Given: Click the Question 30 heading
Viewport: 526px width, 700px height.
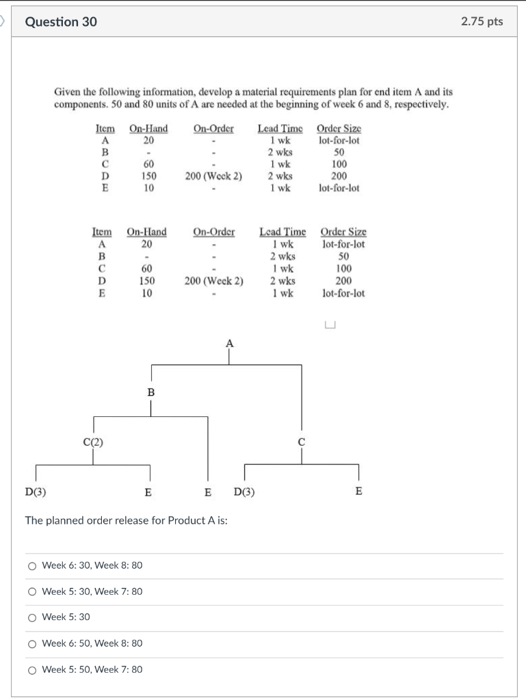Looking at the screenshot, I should tap(61, 22).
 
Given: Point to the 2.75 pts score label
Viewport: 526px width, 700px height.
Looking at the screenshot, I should tap(482, 21).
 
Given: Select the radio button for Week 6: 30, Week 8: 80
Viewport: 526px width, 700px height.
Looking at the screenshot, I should tap(32, 565).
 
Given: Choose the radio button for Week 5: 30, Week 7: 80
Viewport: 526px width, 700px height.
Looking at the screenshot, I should tap(32, 591).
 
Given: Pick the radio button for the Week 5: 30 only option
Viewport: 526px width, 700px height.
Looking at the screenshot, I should tap(32, 617).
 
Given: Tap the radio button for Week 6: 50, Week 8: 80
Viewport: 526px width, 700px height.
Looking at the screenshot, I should tap(32, 643).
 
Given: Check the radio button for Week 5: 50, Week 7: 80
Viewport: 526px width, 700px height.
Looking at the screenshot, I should tap(32, 669).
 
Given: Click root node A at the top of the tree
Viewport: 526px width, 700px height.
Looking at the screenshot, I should tap(229, 343).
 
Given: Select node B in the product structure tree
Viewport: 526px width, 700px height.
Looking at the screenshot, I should tap(151, 392).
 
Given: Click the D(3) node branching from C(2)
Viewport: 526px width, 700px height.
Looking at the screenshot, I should tap(31, 491).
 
